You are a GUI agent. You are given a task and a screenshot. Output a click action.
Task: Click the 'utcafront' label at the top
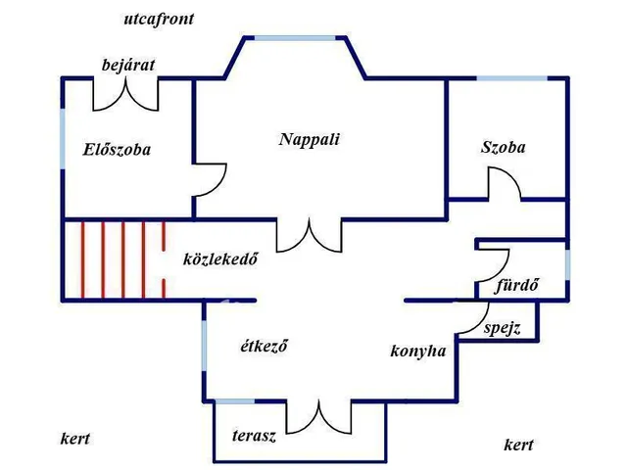click(x=159, y=19)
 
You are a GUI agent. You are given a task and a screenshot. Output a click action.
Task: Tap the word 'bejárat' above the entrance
click(x=128, y=65)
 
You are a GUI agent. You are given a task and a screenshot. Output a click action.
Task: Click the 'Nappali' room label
click(x=309, y=139)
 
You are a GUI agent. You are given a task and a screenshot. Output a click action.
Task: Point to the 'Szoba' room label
click(x=503, y=148)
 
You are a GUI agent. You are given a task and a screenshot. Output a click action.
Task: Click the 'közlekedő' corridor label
click(x=220, y=259)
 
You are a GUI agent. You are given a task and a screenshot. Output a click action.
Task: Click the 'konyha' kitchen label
click(x=418, y=351)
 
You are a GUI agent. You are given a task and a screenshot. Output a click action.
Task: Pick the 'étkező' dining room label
click(x=265, y=346)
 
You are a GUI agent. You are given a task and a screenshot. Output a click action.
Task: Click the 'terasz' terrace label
click(x=254, y=436)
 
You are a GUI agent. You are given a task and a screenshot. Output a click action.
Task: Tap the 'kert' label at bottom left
click(x=74, y=439)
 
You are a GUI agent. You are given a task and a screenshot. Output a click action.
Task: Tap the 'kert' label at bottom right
click(x=518, y=445)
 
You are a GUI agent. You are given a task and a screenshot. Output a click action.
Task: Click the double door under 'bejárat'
click(x=125, y=94)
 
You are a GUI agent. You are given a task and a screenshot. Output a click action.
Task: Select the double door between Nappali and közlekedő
click(x=308, y=235)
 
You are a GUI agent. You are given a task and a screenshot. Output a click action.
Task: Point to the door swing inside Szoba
click(x=505, y=185)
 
